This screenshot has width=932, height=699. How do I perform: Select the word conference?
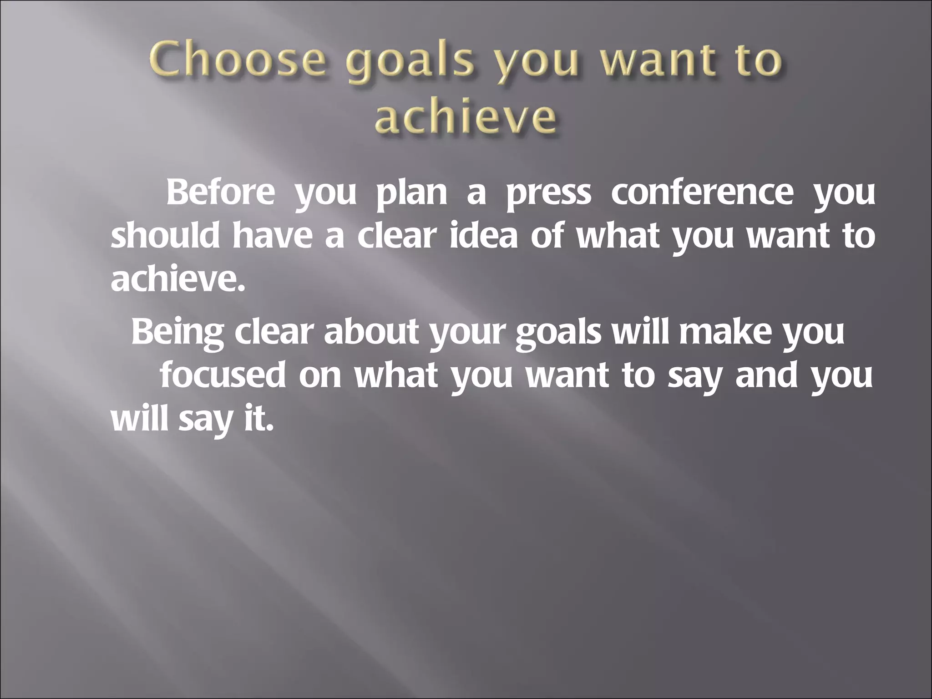(x=702, y=193)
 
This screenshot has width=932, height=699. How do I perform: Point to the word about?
(x=370, y=332)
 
